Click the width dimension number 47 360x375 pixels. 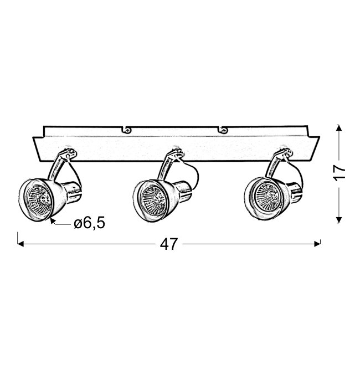click(x=169, y=244)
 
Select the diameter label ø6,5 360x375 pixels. click(x=90, y=223)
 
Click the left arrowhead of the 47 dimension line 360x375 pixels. click(x=20, y=244)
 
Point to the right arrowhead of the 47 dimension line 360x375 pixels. click(x=317, y=244)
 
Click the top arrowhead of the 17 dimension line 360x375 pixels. click(x=339, y=128)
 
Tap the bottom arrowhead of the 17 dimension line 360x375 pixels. click(x=339, y=220)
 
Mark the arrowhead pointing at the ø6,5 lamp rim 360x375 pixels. click(x=53, y=221)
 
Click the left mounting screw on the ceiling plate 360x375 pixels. click(x=127, y=130)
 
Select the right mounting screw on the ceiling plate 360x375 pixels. click(x=224, y=130)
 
